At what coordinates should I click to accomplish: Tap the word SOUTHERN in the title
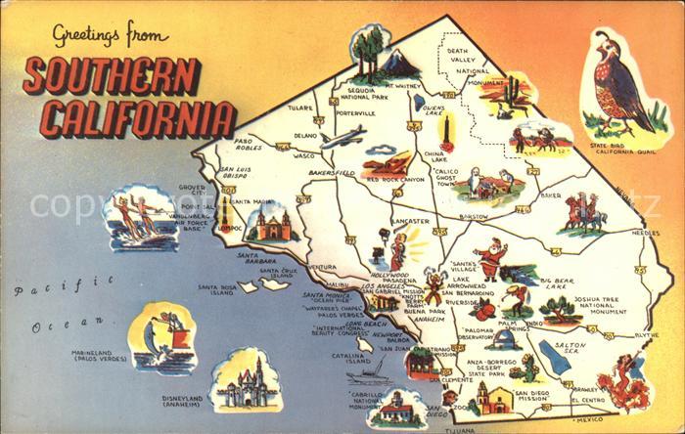click(x=112, y=76)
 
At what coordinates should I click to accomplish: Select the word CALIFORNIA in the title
click(x=128, y=117)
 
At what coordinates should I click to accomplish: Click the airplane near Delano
click(x=342, y=136)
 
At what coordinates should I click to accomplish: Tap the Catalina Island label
click(x=349, y=358)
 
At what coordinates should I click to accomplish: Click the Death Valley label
click(x=467, y=60)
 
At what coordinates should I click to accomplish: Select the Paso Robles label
click(x=251, y=145)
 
